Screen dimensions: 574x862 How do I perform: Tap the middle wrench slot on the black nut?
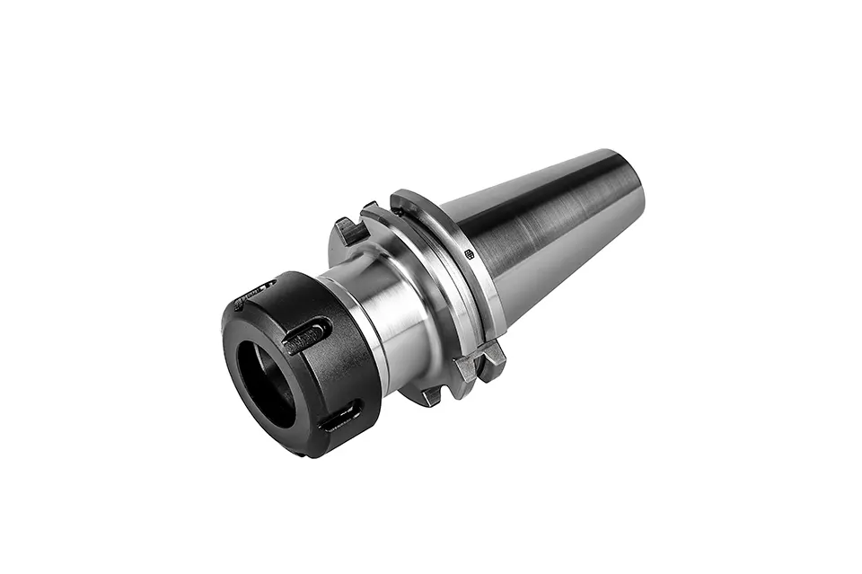(x=304, y=339)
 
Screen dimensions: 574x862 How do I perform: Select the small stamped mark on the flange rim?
(x=469, y=254)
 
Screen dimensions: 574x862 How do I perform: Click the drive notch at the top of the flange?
(x=350, y=231)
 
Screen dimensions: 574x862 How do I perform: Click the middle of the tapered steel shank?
(x=548, y=234)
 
